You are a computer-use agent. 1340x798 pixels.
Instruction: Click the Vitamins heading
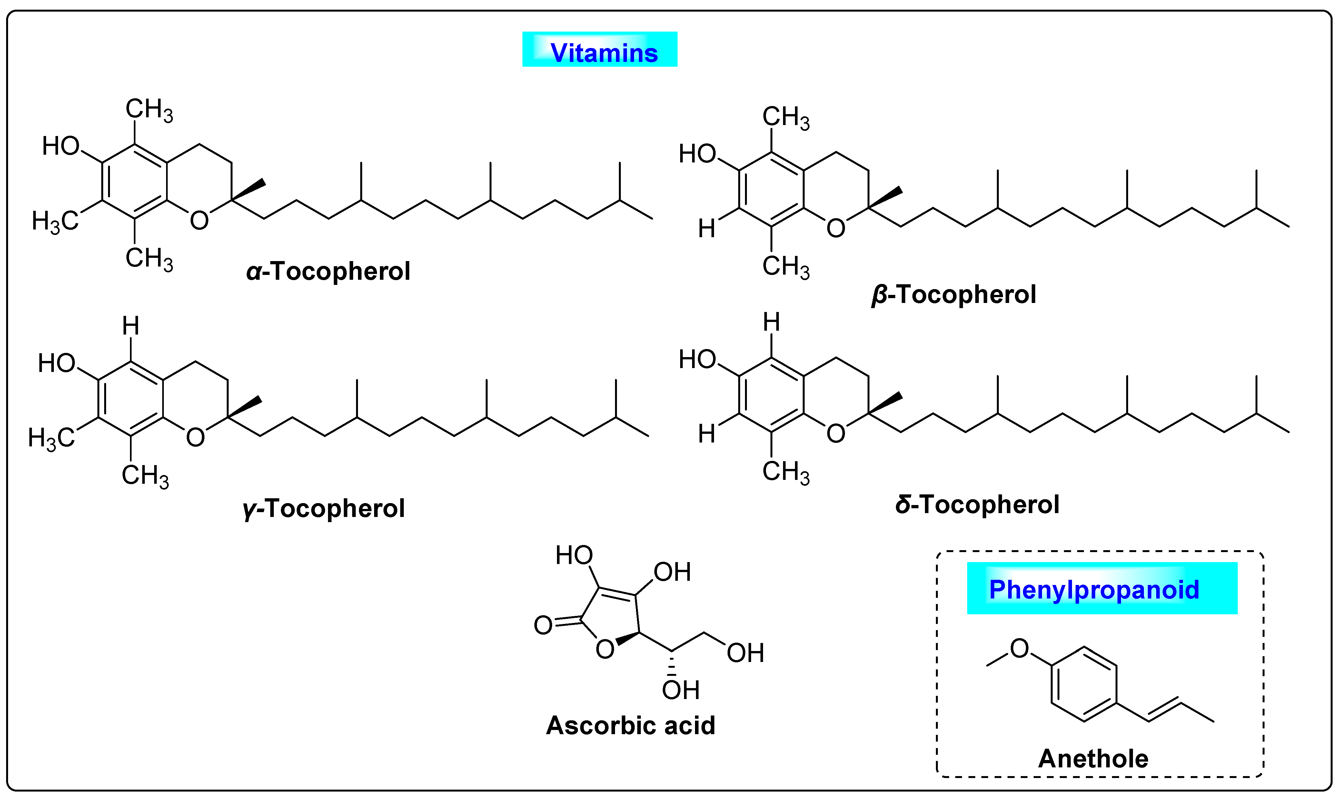[604, 53]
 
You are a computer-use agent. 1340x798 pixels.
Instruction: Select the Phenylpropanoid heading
[1094, 589]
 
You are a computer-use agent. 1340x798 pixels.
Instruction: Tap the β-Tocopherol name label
[953, 295]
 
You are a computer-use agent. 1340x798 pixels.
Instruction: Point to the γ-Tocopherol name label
[324, 508]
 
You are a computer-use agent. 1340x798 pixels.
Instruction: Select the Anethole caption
[1093, 758]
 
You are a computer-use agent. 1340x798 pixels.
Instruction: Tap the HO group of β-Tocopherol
[697, 154]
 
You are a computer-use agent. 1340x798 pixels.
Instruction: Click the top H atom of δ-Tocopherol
[771, 323]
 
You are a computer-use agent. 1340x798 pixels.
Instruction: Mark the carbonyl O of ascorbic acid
[543, 625]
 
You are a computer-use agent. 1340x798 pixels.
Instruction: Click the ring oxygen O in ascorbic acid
[605, 649]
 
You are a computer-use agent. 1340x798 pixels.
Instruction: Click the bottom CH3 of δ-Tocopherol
[785, 472]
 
